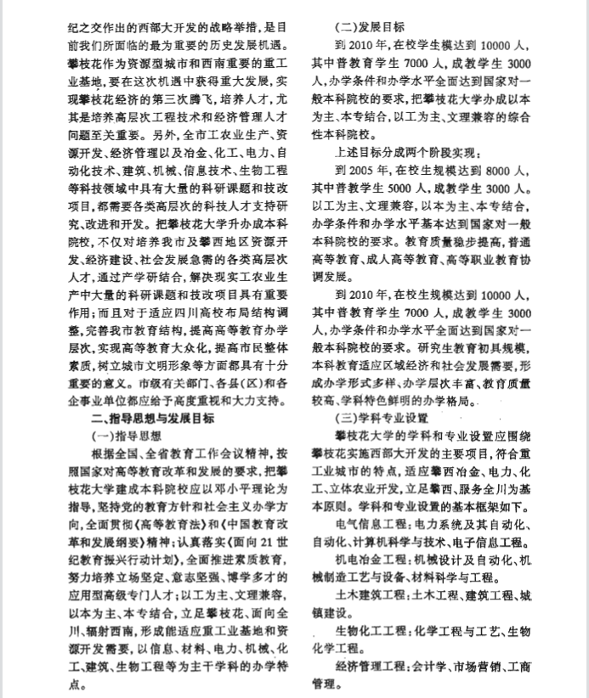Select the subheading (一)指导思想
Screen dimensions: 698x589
[x=125, y=435]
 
